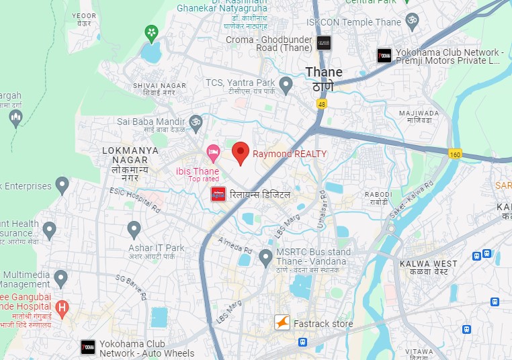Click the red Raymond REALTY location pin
coord(241,152)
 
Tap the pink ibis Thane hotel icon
coord(213,153)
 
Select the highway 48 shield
coord(323,104)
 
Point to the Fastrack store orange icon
coord(283,323)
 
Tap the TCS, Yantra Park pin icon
coord(286,85)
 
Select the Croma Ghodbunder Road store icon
coord(323,43)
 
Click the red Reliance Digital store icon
coord(218,194)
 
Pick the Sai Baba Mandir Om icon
coord(196,122)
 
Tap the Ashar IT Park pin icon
coord(134,229)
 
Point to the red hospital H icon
coord(62,309)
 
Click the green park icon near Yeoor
coord(153,32)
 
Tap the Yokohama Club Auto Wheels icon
coord(88,347)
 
